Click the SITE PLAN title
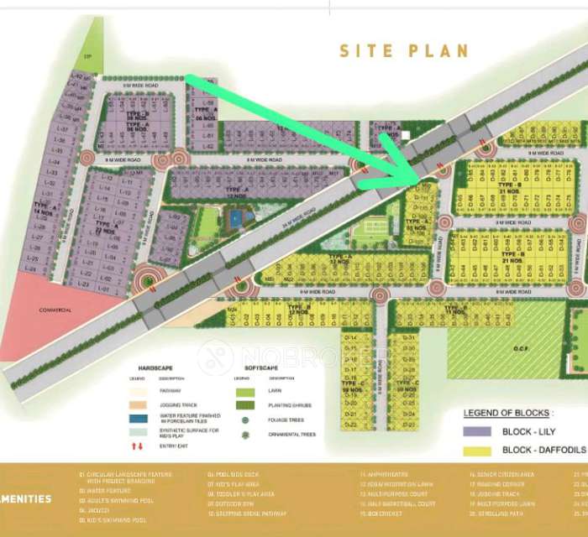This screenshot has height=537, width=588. tap(403, 50)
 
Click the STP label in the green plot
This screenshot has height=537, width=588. tap(85, 57)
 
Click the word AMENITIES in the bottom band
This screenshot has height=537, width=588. tap(26, 498)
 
